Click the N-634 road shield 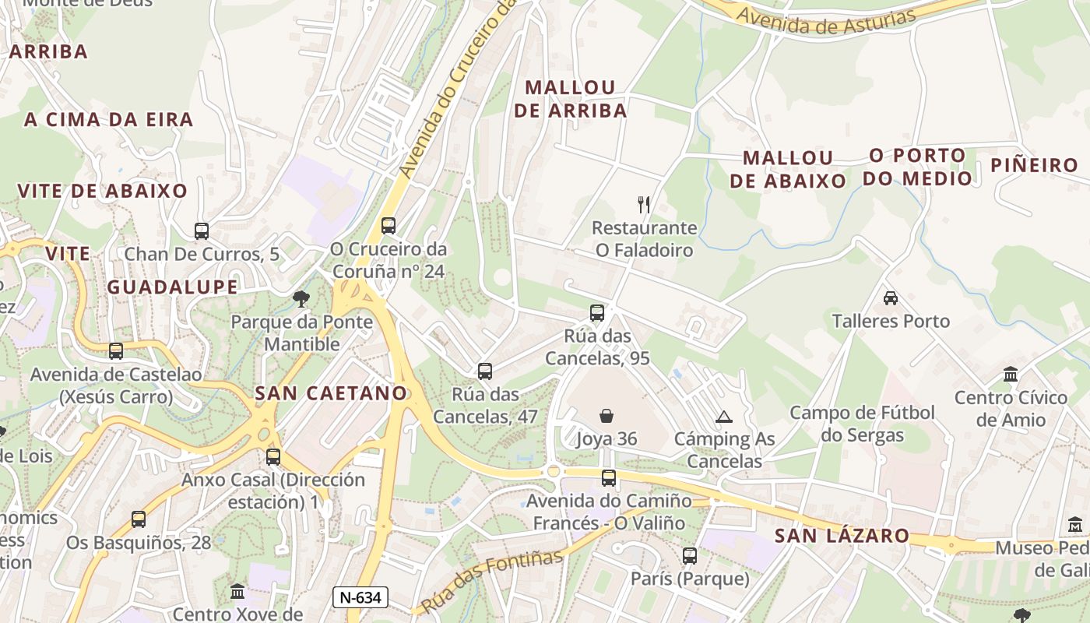coord(360,598)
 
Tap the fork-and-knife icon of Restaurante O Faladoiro coord(644,205)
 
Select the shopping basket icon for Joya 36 coord(607,416)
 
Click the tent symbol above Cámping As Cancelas coord(724,417)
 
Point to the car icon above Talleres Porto coord(891,297)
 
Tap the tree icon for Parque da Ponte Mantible coord(301,298)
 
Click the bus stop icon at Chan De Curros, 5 coord(202,231)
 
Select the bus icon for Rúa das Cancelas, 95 coord(597,313)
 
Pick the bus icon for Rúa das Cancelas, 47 coord(485,371)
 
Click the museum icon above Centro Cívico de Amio coord(1011,375)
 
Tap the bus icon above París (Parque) coord(690,556)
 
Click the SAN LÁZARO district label coord(842,536)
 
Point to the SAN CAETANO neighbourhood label coord(332,393)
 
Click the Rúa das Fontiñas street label coord(491,581)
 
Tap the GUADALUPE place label coord(172,287)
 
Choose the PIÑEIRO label coord(1034,165)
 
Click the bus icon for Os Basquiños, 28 coord(139,519)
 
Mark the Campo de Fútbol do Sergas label coord(863,423)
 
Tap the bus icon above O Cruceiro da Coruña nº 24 coord(389,226)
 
